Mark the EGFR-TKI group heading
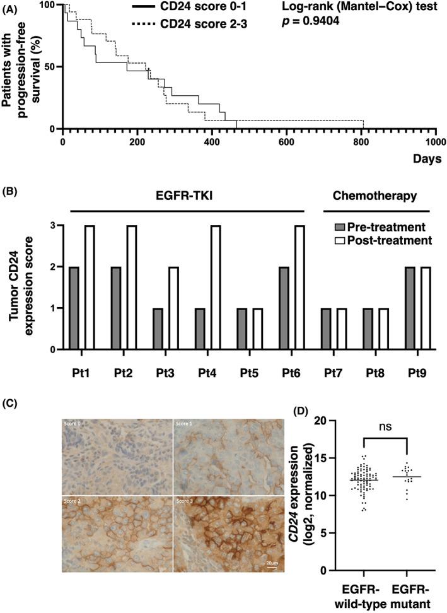click(187, 196)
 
